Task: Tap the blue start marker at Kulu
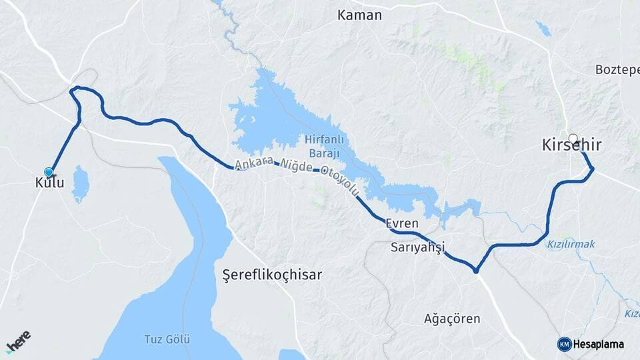48,172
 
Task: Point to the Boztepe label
617,69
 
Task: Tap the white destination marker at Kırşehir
573,138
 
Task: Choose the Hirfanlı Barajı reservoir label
322,146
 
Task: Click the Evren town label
401,224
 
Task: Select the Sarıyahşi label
417,247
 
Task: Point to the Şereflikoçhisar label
271,275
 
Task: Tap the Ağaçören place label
452,319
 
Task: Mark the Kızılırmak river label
571,245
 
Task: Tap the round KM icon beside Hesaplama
564,344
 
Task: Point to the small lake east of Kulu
80,183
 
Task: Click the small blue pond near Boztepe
543,28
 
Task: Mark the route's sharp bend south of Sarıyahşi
475,270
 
